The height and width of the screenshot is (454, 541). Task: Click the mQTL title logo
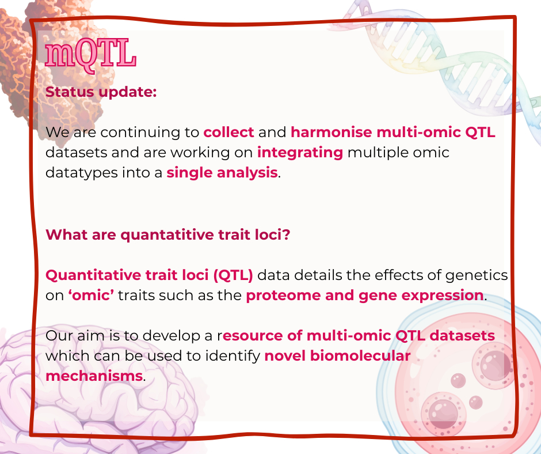click(x=91, y=55)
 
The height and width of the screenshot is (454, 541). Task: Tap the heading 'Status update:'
click(x=101, y=92)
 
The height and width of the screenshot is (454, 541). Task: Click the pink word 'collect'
click(x=228, y=133)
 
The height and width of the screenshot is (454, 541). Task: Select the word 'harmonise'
click(x=332, y=133)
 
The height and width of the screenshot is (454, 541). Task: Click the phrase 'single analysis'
click(x=222, y=173)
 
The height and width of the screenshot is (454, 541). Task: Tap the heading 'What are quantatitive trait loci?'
click(x=167, y=234)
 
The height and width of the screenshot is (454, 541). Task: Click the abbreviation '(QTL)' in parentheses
click(x=233, y=275)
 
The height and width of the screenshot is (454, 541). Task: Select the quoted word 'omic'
click(x=91, y=296)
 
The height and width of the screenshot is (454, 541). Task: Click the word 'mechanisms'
click(x=94, y=376)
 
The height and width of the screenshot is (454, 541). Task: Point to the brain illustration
click(x=100, y=391)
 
